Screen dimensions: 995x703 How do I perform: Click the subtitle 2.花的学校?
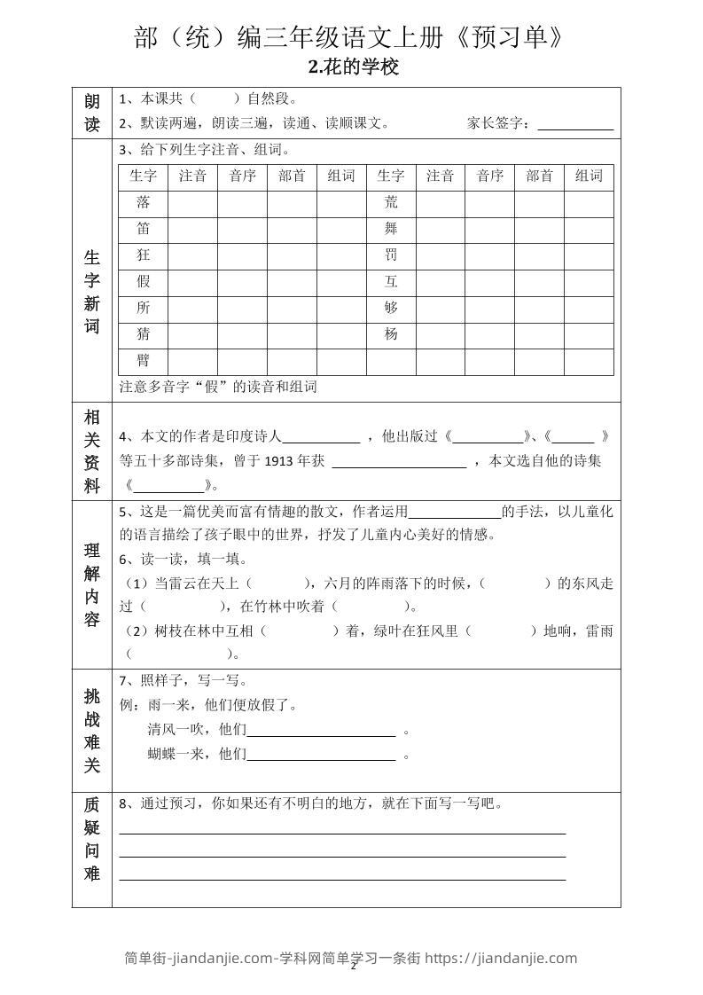(352, 67)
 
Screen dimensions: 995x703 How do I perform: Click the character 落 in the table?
(143, 202)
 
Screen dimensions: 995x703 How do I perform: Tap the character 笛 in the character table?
(143, 229)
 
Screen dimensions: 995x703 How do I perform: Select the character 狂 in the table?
(143, 255)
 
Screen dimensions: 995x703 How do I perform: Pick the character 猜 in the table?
(143, 334)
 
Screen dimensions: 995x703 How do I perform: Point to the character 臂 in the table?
(143, 361)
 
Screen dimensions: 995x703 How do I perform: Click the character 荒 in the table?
(391, 202)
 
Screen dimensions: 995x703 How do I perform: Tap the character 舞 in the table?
(391, 229)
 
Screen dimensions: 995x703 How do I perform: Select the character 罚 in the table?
(391, 255)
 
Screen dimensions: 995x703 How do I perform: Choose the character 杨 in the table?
(391, 334)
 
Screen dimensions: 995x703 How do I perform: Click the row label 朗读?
(92, 113)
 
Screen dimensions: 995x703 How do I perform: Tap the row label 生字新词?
(92, 292)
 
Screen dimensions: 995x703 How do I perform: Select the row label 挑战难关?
(92, 731)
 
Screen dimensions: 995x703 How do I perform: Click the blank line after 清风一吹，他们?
(321, 732)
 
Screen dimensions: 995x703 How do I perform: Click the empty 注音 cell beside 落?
(192, 202)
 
